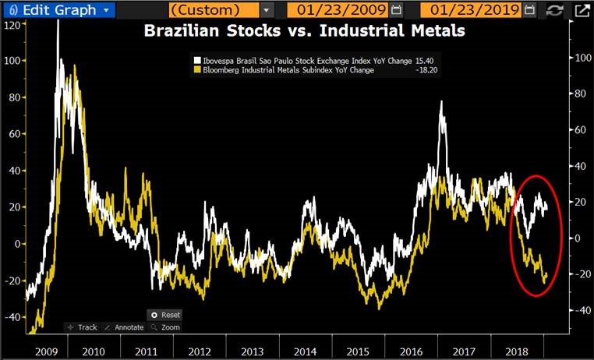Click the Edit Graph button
(58, 10)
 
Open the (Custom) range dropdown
(267, 10)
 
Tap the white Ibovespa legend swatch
(196, 59)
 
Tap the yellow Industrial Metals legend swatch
(196, 70)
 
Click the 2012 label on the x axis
(199, 351)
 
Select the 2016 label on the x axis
(412, 351)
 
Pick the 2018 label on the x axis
(518, 351)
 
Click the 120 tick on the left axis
(11, 25)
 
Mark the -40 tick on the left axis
(11, 317)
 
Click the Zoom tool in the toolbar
(166, 327)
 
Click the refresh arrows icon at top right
(554, 10)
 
